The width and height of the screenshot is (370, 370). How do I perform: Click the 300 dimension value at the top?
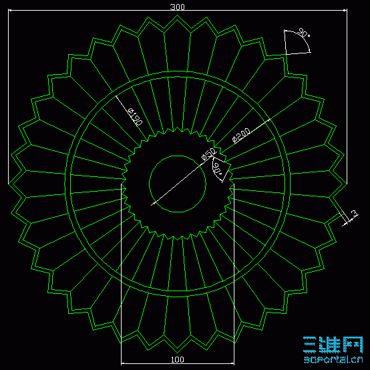click(177, 7)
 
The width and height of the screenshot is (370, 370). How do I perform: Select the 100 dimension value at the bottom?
click(178, 359)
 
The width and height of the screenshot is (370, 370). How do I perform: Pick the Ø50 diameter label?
click(208, 155)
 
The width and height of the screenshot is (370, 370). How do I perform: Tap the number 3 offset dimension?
click(355, 214)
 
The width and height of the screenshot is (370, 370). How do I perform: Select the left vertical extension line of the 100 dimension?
click(121, 281)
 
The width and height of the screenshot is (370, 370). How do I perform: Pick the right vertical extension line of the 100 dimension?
click(234, 281)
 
